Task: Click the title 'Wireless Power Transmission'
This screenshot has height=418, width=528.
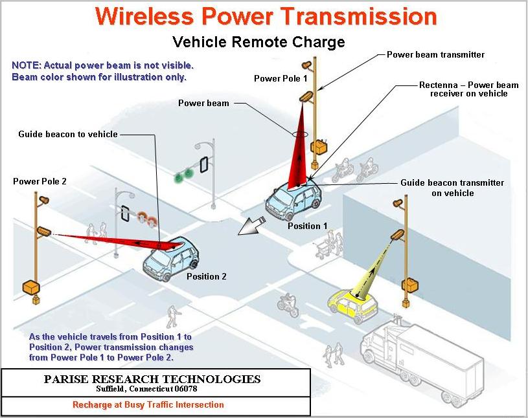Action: [x=266, y=16]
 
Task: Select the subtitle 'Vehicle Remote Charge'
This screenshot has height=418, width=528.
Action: [x=258, y=43]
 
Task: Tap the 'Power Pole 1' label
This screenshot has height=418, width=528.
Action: [x=281, y=79]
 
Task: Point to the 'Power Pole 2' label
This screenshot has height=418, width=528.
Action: [x=40, y=182]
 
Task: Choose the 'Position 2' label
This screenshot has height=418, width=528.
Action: [x=207, y=276]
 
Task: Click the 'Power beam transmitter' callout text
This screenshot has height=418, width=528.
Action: [x=435, y=55]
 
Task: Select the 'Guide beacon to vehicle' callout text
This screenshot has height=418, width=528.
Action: [x=68, y=134]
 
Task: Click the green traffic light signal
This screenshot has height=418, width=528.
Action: [x=185, y=173]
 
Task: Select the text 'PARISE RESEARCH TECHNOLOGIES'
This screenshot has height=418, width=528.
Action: [x=152, y=379]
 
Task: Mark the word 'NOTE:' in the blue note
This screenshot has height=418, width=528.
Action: [x=26, y=66]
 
